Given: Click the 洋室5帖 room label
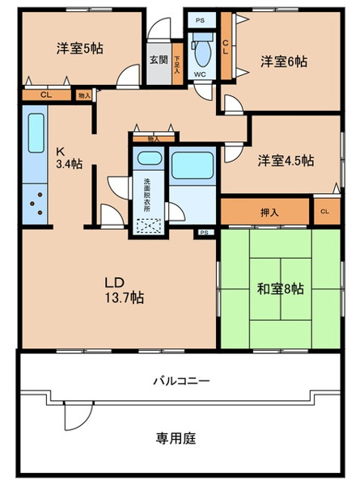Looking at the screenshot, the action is point(79,48).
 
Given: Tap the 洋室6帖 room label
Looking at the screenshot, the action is point(283,61).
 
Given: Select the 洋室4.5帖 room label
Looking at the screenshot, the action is point(286,161).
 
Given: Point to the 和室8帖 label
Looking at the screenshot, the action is point(280,289).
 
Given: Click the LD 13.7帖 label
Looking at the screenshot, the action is point(124,290).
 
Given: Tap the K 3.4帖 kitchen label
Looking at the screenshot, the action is point(69,158).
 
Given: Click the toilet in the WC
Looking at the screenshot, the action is point(201,50).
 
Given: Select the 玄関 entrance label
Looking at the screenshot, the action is point(159,60).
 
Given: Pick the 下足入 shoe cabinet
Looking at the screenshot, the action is point(177,64).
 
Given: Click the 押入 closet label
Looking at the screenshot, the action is point(269,212).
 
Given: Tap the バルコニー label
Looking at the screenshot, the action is point(182,381).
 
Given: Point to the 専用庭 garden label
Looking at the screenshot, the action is point(176,438).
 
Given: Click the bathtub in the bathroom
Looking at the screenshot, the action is point(193,166).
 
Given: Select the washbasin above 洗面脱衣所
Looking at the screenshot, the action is point(150,158).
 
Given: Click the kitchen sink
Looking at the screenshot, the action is point(36,133).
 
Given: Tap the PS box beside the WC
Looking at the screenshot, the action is point(201,21).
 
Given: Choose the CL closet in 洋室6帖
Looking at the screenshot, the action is point(226,46).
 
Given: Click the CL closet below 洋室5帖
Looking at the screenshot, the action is point(46,95).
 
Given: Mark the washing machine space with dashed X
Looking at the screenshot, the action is point(149,226).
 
